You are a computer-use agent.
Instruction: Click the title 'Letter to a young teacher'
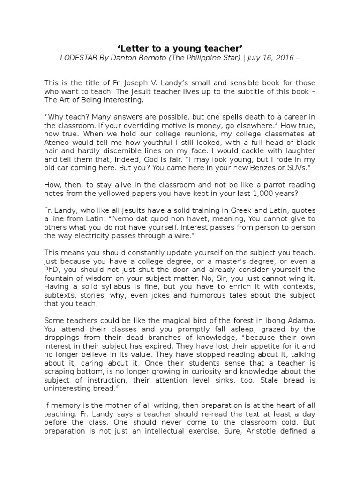point(180,48)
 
